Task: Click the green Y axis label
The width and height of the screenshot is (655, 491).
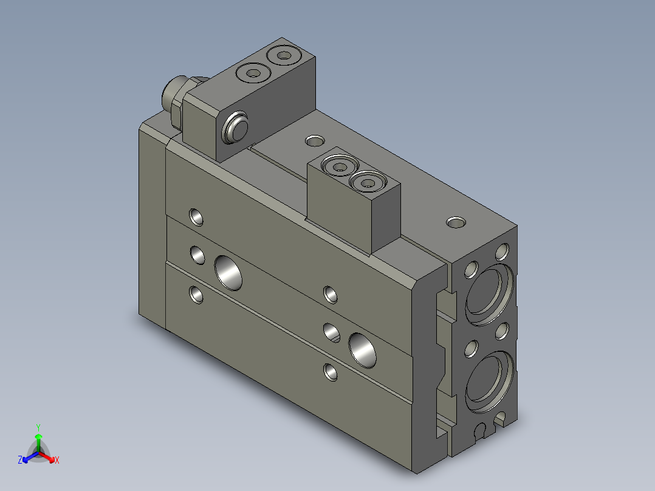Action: [x=38, y=427]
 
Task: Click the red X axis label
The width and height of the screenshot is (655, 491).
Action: [x=57, y=460]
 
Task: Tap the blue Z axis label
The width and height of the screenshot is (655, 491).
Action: [x=20, y=460]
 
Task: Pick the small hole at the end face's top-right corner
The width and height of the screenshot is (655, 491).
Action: [x=502, y=251]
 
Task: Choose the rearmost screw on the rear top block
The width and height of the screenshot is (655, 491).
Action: [x=283, y=56]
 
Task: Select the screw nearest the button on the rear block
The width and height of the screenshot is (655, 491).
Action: [x=252, y=74]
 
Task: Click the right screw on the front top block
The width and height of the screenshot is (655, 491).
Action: [x=368, y=181]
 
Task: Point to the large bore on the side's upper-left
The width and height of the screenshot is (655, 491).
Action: [x=228, y=272]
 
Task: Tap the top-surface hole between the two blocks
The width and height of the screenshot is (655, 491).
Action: [x=314, y=142]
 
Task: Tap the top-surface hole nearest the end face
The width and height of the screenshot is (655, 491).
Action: [x=455, y=222]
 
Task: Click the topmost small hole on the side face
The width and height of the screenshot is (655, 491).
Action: [x=196, y=216]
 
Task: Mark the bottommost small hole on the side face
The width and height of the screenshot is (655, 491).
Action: [x=331, y=371]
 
